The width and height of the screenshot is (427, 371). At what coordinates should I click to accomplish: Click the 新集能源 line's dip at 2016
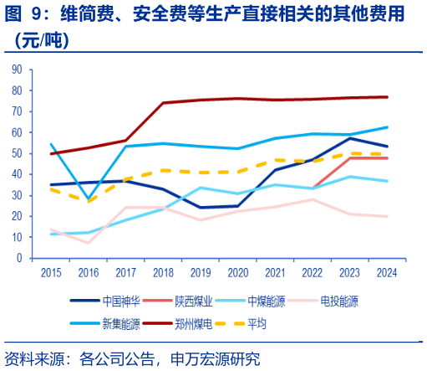coord(89,199)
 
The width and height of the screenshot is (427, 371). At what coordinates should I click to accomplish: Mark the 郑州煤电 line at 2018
coord(163,103)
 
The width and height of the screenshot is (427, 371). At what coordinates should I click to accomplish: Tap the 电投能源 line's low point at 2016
coord(89,243)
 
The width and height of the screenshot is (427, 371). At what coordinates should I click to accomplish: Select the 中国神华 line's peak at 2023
coord(349,138)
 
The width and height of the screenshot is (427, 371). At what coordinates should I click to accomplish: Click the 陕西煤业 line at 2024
coord(386,158)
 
